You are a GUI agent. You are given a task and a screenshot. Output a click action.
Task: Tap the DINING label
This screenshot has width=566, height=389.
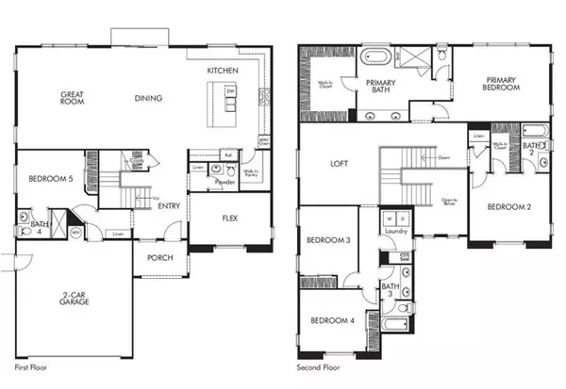pos(148,98)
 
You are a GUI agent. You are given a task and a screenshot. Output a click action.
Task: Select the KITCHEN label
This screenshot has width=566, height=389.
pos(223,71)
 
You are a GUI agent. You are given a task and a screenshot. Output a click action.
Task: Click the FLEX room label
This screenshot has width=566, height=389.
pos(229,217)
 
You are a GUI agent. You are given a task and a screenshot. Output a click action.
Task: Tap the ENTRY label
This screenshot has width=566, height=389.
pos(170,206)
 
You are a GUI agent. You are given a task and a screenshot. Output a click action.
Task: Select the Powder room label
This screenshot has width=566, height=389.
pos(225,183)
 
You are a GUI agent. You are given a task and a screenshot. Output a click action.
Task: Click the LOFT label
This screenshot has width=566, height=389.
pos(339,163)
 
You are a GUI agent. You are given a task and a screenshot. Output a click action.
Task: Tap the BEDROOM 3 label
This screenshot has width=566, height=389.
pos(329,241)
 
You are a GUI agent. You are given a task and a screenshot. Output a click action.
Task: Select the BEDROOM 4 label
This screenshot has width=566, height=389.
pos(333,321)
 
